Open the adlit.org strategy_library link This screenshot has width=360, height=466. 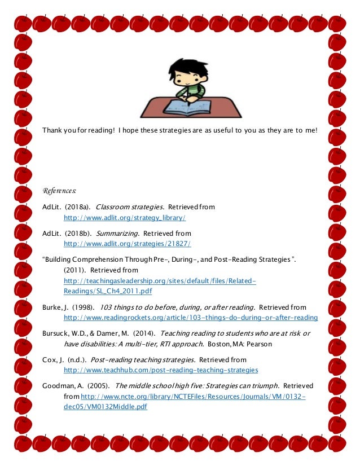tap(125, 217)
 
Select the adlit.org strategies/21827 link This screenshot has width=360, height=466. tap(128, 243)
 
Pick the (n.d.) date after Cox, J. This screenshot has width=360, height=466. tap(76, 360)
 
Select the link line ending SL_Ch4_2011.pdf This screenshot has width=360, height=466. tap(108, 291)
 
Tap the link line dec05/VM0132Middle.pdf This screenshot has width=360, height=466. tap(106, 406)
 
